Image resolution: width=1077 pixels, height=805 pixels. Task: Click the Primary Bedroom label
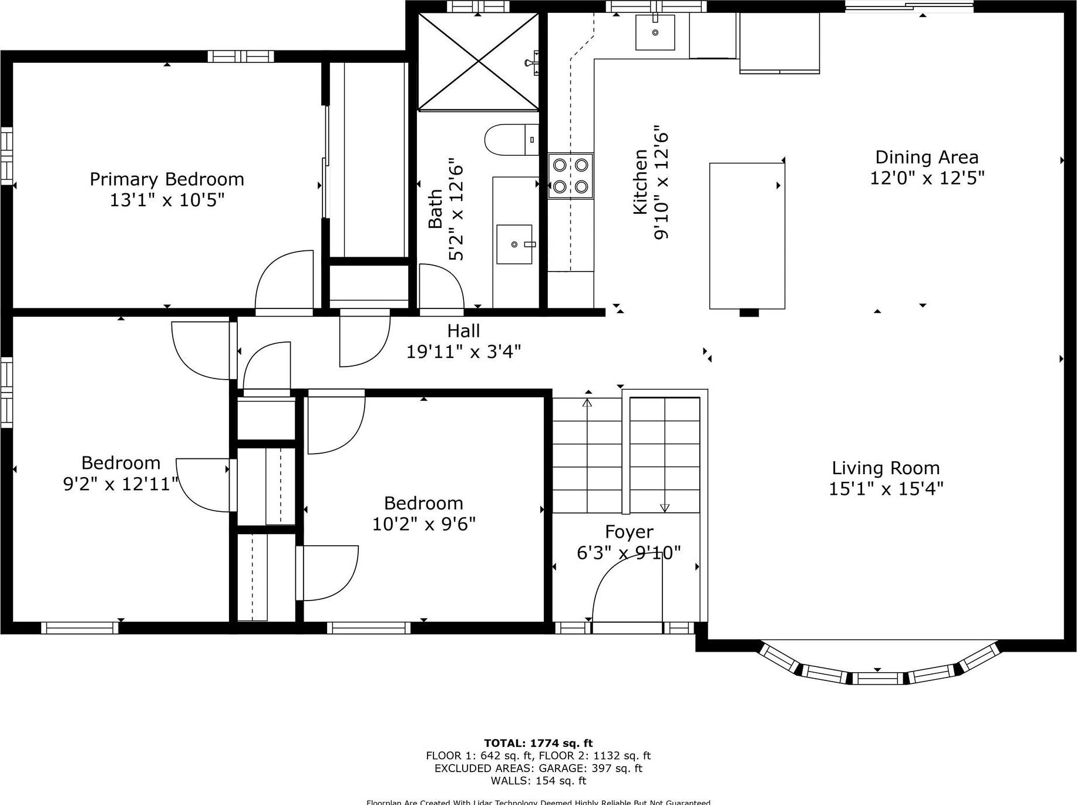pyautogui.click(x=167, y=179)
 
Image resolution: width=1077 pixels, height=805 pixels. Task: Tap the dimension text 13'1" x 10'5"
pyautogui.click(x=167, y=200)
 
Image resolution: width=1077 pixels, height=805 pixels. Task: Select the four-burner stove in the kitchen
pyautogui.click(x=570, y=176)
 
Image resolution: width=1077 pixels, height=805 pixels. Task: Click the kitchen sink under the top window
pyautogui.click(x=655, y=32)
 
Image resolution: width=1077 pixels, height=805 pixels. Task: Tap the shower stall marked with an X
pyautogui.click(x=478, y=62)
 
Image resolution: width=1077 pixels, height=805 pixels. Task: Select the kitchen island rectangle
pyautogui.click(x=747, y=236)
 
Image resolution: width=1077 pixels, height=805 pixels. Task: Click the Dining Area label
pyautogui.click(x=927, y=157)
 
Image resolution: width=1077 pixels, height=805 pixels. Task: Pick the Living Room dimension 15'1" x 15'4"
pyautogui.click(x=886, y=489)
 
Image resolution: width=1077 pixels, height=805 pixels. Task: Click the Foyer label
pyautogui.click(x=629, y=532)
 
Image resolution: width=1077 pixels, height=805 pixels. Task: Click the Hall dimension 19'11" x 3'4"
pyautogui.click(x=464, y=352)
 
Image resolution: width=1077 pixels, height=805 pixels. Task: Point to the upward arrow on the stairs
pyautogui.click(x=587, y=403)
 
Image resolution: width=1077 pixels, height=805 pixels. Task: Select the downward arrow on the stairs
pyautogui.click(x=665, y=507)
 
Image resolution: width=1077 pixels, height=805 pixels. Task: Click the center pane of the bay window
pyautogui.click(x=877, y=679)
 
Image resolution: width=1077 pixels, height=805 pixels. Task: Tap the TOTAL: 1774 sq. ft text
pyautogui.click(x=538, y=743)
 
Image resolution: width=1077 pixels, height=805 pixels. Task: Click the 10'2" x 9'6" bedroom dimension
pyautogui.click(x=423, y=524)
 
